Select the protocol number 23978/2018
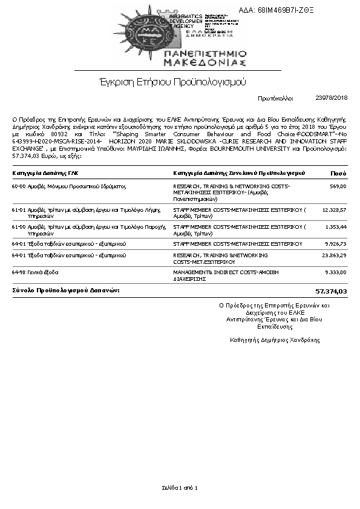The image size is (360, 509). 332,97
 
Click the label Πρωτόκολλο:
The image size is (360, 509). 275,97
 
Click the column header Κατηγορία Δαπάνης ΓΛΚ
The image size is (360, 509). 45,173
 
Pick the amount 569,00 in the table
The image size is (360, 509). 338,186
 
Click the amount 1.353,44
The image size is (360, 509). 335,226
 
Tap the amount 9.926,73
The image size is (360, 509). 335,244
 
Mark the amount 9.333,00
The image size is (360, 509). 335,273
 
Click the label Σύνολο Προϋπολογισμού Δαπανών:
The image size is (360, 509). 66,291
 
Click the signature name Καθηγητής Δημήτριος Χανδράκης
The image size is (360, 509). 275,340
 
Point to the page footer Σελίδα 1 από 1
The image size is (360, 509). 180,487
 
